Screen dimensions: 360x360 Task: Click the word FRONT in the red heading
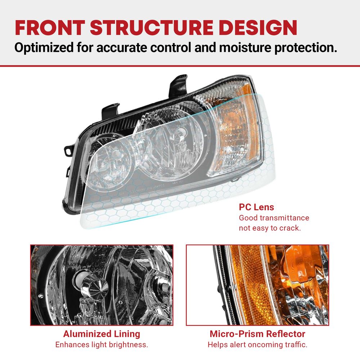click(x=50, y=28)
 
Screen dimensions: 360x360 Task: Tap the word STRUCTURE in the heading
click(x=152, y=28)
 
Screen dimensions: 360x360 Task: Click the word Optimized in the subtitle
click(x=44, y=48)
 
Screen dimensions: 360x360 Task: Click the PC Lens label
click(x=256, y=207)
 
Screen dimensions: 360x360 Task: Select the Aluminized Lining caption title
click(x=102, y=334)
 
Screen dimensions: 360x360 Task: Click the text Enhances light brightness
click(x=102, y=345)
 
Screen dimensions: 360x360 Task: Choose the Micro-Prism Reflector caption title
click(x=257, y=334)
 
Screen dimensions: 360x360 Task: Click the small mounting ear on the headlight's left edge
click(x=68, y=150)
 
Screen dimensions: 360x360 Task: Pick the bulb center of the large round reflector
click(x=181, y=132)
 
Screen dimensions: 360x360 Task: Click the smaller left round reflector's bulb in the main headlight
click(x=116, y=154)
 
